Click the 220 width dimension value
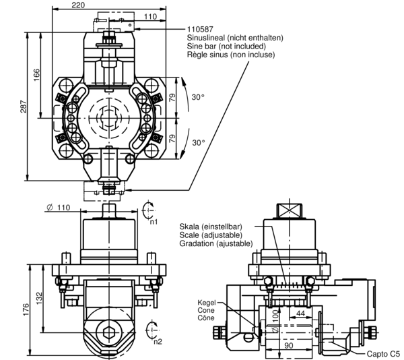point(78,5)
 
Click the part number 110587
point(200,30)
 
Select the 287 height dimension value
point(24,107)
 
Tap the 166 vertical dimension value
point(37,75)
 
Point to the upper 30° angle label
point(198,97)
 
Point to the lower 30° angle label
point(199,143)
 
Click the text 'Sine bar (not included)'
point(226,46)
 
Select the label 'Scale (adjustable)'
point(211,235)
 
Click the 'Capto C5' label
point(383,353)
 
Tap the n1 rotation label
point(154,222)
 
